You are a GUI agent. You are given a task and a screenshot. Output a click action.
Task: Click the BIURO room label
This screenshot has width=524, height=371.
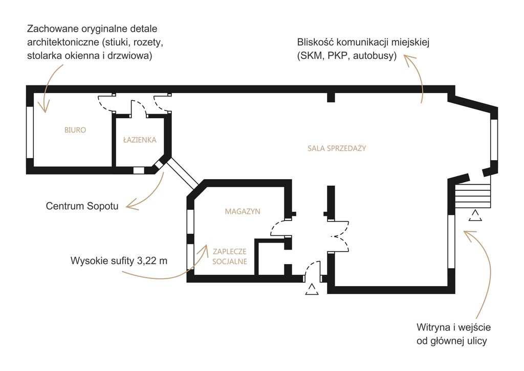pos(75,130)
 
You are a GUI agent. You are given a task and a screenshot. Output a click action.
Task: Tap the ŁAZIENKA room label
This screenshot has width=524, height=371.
pos(140,140)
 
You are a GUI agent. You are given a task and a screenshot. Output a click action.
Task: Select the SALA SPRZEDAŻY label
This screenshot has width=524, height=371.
pos(337,148)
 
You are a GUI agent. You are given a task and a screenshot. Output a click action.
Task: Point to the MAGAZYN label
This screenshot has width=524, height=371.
pos(243,211)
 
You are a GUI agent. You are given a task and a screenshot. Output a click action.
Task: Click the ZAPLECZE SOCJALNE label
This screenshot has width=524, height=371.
pos(230,256)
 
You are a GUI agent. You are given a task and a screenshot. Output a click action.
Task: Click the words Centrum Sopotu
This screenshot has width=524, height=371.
pos(82,206)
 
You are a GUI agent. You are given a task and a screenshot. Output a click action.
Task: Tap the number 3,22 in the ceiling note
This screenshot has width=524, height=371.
pos(147,260)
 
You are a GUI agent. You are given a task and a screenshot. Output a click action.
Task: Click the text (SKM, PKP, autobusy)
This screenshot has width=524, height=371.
pos(347,55)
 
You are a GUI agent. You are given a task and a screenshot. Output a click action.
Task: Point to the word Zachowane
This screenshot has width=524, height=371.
pos(53,29)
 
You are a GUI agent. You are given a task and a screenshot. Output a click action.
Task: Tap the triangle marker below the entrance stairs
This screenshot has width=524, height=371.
pos(475,215)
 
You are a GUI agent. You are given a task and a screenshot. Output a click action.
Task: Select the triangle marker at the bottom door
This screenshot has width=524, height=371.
pos(312,289)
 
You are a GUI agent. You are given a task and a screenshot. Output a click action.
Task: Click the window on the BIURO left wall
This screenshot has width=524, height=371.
pos(30,133)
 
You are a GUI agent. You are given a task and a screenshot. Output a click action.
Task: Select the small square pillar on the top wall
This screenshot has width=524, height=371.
pos(331,97)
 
